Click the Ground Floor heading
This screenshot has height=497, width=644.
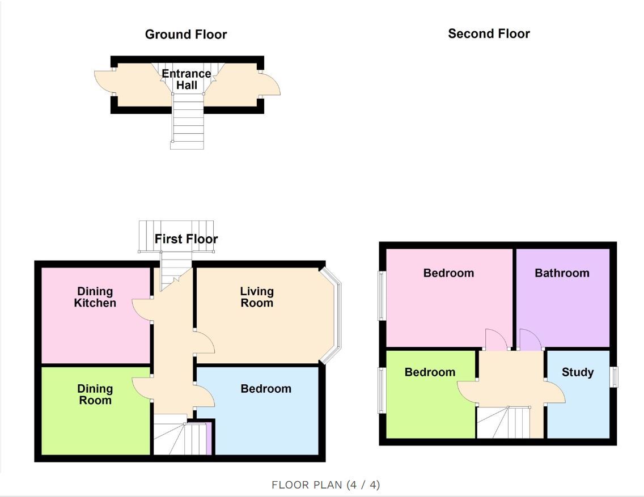[x=185, y=35]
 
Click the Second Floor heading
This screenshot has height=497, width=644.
[x=489, y=33]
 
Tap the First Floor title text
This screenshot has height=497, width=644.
[x=186, y=239]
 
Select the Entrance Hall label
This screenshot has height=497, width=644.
[x=187, y=79]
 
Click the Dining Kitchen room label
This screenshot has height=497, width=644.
[x=95, y=297]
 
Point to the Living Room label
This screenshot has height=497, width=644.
[x=257, y=297]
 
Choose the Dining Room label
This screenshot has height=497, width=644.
[x=95, y=394]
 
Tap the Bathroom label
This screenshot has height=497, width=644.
[x=562, y=273]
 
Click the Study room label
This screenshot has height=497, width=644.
[x=578, y=372]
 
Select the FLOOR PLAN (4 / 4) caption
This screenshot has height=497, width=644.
[x=326, y=485]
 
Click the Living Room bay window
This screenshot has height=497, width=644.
[x=331, y=316]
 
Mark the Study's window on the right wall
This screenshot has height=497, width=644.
[x=615, y=376]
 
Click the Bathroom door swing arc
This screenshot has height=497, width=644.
[x=531, y=339]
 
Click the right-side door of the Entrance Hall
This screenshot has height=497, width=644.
[x=270, y=84]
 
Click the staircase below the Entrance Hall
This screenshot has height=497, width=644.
[x=187, y=121]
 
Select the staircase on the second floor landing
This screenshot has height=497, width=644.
[x=503, y=422]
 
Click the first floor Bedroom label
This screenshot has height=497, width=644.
[x=266, y=389]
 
